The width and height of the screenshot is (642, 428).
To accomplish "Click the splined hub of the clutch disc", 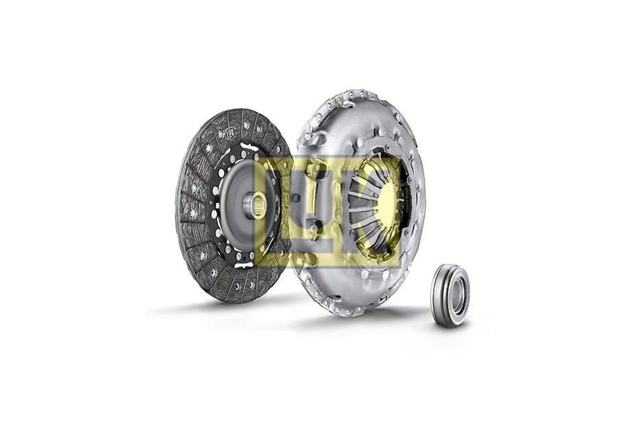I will pos(258,206).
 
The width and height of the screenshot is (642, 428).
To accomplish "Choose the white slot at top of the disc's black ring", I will pos(248,148).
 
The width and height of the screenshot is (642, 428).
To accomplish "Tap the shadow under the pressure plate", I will pos(357,321).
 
